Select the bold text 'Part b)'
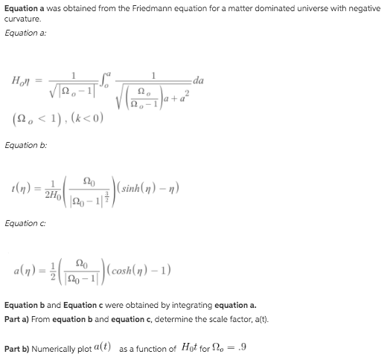click(x=21, y=348)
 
